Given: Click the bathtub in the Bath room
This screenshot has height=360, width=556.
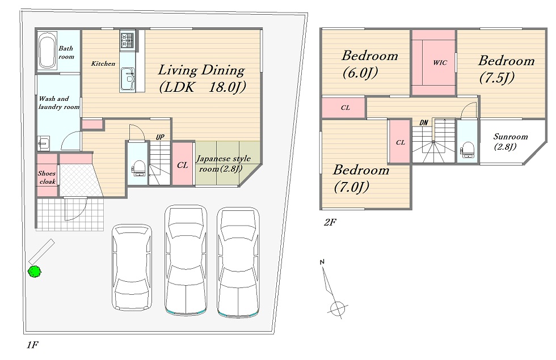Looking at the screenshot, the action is pyautogui.click(x=47, y=52).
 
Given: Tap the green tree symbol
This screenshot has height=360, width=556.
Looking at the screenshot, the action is pyautogui.click(x=35, y=272).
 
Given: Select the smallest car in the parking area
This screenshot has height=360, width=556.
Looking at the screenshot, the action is pyautogui.click(x=132, y=267).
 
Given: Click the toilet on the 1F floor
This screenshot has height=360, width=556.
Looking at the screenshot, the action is pyautogui.click(x=138, y=168).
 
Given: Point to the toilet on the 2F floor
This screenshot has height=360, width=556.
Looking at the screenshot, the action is pyautogui.click(x=467, y=150).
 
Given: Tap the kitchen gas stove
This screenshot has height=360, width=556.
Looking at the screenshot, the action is pyautogui.click(x=127, y=40).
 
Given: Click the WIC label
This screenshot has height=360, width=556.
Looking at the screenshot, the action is pyautogui.click(x=440, y=63).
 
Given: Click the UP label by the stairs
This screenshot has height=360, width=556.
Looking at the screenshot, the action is pyautogui.click(x=160, y=137).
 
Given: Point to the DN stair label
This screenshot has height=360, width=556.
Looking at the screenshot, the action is pyautogui.click(x=424, y=122).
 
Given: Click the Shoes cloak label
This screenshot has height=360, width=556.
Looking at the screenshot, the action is pyautogui.click(x=47, y=177).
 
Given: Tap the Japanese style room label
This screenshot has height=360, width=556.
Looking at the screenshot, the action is pyautogui.click(x=223, y=163).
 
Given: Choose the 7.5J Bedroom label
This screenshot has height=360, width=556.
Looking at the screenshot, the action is pyautogui.click(x=506, y=69).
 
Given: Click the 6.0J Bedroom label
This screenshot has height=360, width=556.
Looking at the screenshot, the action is pyautogui.click(x=369, y=64).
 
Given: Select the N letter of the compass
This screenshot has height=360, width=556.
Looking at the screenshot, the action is pyautogui.click(x=322, y=262).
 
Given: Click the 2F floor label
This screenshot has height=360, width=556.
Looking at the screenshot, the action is pyautogui.click(x=330, y=222).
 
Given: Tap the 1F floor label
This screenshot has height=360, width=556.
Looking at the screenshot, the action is pyautogui.click(x=32, y=345).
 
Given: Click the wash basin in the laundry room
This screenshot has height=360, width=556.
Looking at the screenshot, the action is pyautogui.click(x=43, y=143).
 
